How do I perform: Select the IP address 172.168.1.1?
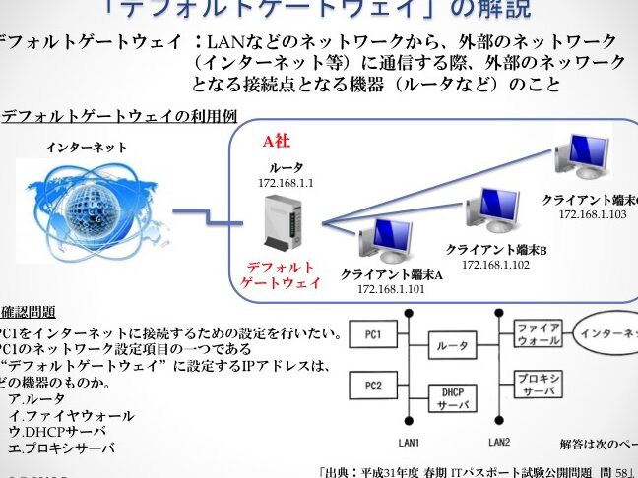tap(286, 183)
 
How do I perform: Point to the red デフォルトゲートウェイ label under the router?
tap(282, 274)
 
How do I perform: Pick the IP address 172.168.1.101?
tap(391, 289)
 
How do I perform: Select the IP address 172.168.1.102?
tap(495, 264)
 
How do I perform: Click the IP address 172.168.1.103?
tap(593, 213)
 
